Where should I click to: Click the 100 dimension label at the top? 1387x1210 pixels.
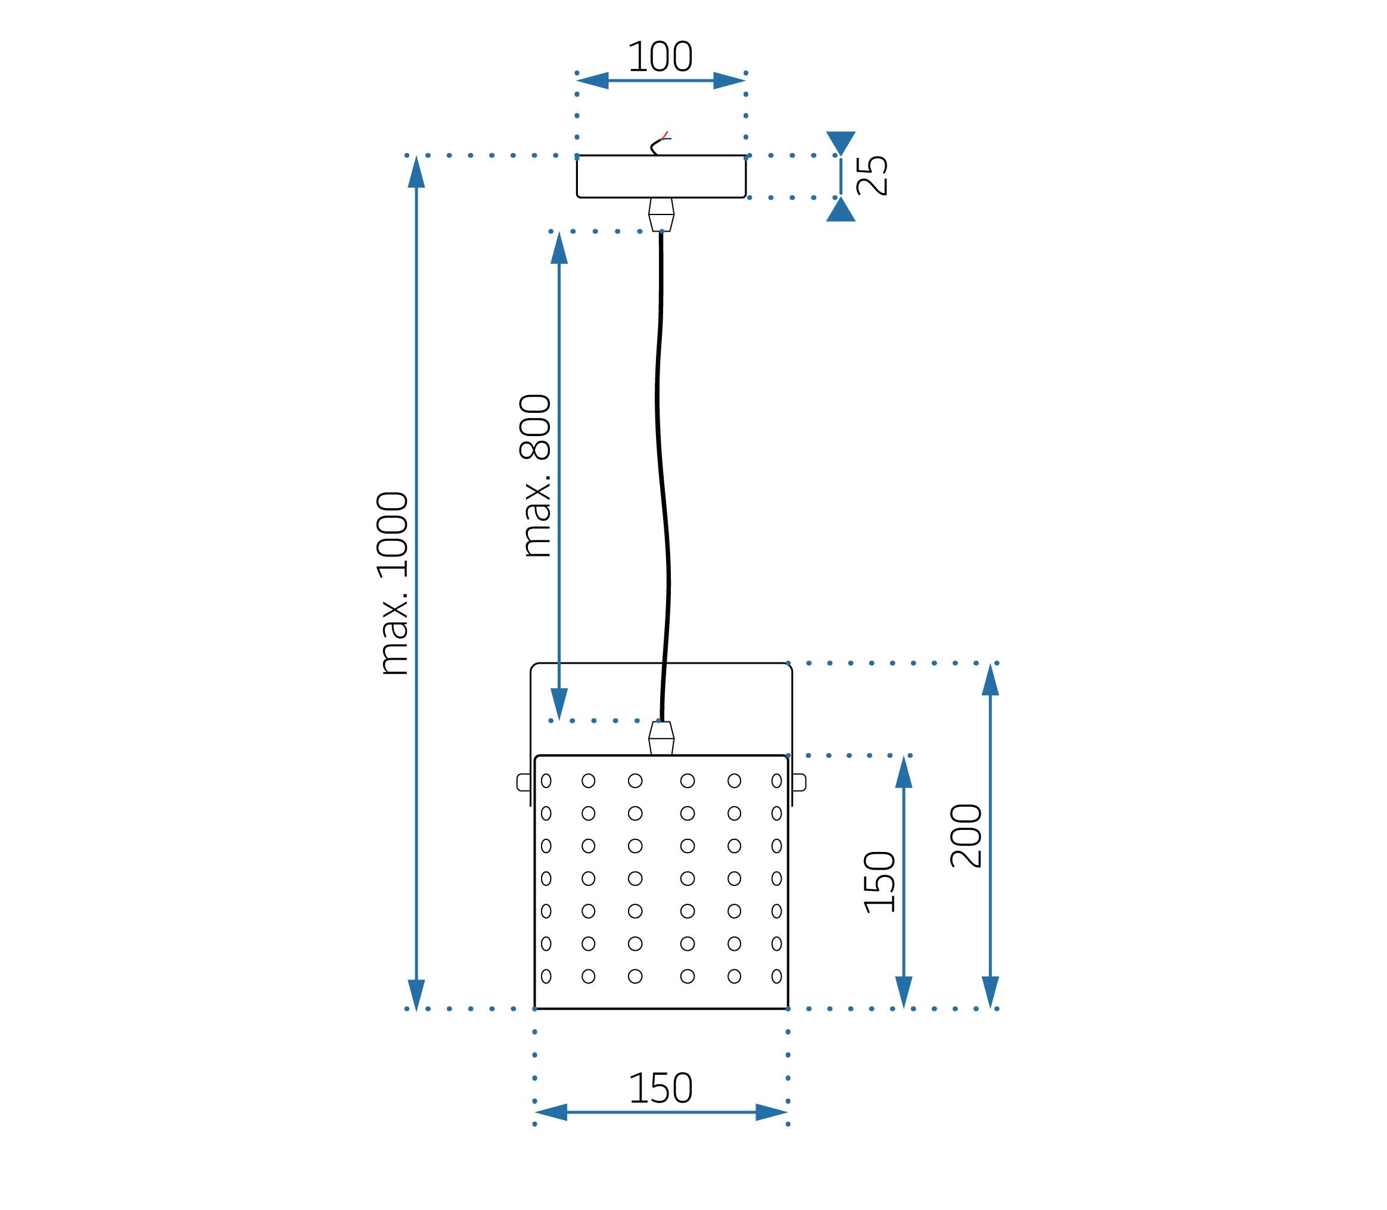click(660, 57)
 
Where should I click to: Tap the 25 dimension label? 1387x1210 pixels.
click(872, 176)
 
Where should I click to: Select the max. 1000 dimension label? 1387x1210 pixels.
click(393, 583)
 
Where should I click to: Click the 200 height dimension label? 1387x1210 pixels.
click(966, 836)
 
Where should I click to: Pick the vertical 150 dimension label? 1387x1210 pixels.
click(880, 882)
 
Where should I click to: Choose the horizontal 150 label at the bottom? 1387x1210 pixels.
click(660, 1088)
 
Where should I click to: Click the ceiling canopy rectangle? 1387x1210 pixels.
click(661, 176)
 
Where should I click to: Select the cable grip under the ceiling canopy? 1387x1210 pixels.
click(661, 214)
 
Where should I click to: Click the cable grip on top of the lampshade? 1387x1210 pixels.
click(661, 738)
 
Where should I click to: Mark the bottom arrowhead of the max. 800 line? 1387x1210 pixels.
click(559, 704)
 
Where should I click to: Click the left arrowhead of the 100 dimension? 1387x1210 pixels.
click(593, 80)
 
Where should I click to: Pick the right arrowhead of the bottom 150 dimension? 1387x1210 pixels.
click(771, 1112)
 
